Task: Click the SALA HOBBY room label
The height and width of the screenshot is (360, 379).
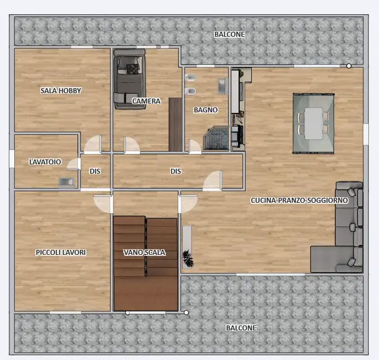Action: pyautogui.click(x=61, y=90)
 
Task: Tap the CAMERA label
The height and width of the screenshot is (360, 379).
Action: pyautogui.click(x=146, y=101)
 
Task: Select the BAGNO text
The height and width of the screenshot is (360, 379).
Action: pyautogui.click(x=206, y=110)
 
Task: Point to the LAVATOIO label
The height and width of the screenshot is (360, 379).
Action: pyautogui.click(x=45, y=162)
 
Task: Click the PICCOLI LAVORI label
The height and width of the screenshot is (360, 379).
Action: pyautogui.click(x=61, y=252)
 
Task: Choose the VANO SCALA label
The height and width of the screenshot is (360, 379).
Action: pyautogui.click(x=145, y=253)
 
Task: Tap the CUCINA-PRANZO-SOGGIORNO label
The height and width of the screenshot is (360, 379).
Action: pyautogui.click(x=299, y=200)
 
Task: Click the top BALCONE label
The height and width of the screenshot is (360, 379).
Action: pyautogui.click(x=229, y=35)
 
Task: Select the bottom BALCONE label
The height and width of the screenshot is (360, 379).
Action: pyautogui.click(x=241, y=328)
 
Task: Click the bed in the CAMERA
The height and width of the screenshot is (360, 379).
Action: pyautogui.click(x=129, y=79)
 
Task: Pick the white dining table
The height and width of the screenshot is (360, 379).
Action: pyautogui.click(x=314, y=123)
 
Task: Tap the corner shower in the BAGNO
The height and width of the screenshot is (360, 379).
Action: pyautogui.click(x=216, y=138)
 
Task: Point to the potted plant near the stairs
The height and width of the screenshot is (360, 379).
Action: pyautogui.click(x=188, y=259)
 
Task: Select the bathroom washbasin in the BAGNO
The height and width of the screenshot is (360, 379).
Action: pyautogui.click(x=223, y=86)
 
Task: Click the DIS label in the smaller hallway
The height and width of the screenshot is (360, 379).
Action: pyautogui.click(x=95, y=171)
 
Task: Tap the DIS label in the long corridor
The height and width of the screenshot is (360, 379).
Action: pyautogui.click(x=176, y=171)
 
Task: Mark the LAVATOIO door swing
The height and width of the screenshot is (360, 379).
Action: pyautogui.click(x=73, y=164)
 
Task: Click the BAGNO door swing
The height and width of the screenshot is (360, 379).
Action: pyautogui.click(x=195, y=146)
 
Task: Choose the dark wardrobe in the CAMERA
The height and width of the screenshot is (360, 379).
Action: pyautogui.click(x=176, y=124)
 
